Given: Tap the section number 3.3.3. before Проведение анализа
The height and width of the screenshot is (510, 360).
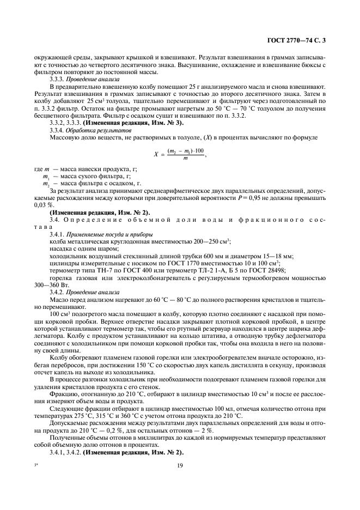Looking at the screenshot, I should tap(58, 79).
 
